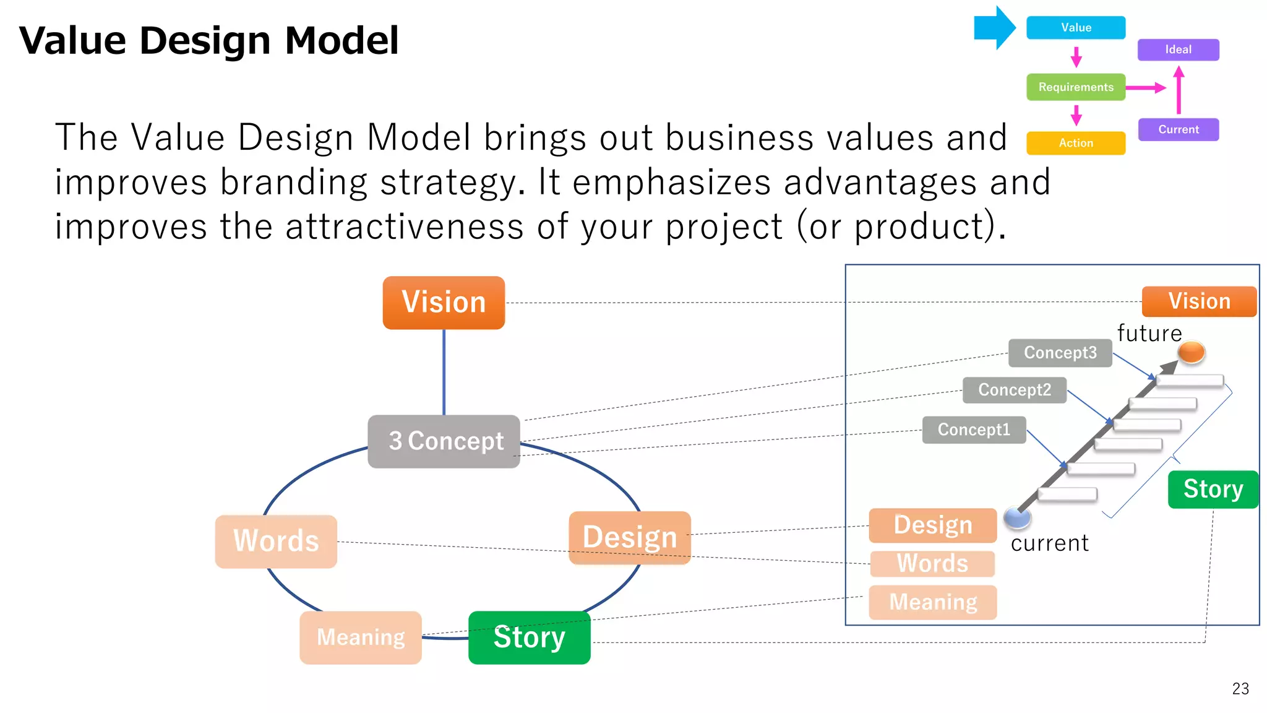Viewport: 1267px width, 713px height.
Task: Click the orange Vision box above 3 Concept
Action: tap(444, 303)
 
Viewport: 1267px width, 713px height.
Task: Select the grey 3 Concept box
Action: tap(444, 441)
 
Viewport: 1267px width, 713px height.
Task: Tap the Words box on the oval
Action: tap(276, 541)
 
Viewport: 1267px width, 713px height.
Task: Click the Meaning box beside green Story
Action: tap(361, 637)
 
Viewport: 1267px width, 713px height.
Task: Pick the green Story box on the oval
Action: tap(529, 637)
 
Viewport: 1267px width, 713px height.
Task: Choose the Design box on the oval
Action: tap(629, 537)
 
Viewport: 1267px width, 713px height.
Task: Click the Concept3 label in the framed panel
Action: tap(1060, 353)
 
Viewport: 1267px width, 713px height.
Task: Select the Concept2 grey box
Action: tap(1014, 390)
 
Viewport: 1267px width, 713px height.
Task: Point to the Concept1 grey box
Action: tap(974, 430)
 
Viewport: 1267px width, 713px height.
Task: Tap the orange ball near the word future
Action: tap(1191, 352)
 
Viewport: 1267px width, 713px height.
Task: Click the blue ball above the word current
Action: tap(1016, 517)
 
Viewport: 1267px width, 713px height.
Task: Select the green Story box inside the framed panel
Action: tap(1213, 489)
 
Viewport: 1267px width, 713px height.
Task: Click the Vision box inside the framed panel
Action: tap(1199, 301)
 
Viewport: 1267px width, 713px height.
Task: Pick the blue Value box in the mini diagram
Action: tap(1075, 28)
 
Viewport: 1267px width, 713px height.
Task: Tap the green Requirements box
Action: tap(1075, 87)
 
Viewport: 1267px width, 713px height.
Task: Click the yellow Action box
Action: tap(1075, 143)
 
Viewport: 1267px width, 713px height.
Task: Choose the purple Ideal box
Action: tap(1178, 50)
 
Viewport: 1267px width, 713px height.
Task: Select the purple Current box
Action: tap(1178, 129)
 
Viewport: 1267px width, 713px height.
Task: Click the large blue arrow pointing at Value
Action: tap(994, 28)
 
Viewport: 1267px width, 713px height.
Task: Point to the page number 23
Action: tap(1240, 689)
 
